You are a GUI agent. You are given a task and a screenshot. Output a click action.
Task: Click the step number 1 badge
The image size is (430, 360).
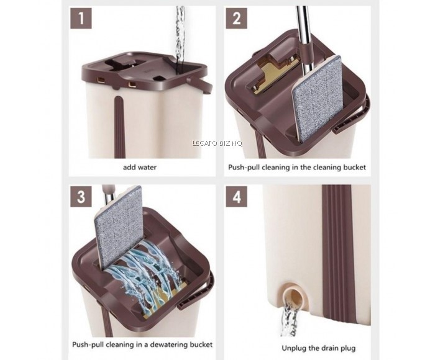pyautogui.click(x=81, y=19)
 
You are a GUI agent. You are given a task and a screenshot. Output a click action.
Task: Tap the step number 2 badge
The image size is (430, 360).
pyautogui.click(x=236, y=19)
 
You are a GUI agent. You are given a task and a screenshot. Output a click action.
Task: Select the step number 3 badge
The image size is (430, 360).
pyautogui.click(x=81, y=197)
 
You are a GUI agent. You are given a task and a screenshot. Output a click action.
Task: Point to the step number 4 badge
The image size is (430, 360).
pyautogui.click(x=236, y=197)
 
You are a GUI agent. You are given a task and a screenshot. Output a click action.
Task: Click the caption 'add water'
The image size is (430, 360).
pyautogui.click(x=140, y=167)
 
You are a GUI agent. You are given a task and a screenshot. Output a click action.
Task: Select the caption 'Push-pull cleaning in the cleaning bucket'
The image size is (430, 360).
pyautogui.click(x=297, y=167)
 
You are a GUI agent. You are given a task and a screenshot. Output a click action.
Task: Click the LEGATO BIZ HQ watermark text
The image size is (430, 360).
pyautogui.click(x=217, y=143)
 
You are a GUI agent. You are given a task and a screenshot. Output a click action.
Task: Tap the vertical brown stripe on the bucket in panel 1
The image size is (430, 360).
pyautogui.click(x=119, y=127)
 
